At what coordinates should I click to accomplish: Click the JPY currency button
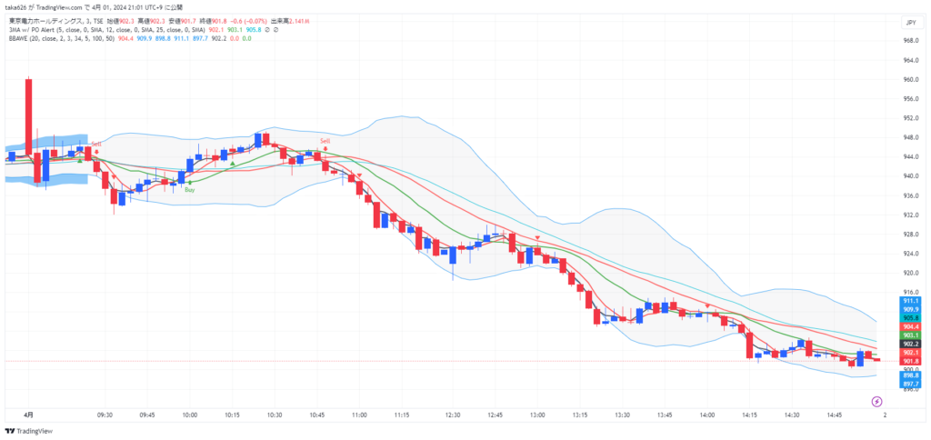[x=909, y=23]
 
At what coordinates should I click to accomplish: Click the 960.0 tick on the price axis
[x=909, y=79]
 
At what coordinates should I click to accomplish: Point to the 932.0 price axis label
[x=909, y=215]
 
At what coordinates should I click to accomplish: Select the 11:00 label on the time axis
[x=358, y=415]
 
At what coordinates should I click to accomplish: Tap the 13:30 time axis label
[x=622, y=415]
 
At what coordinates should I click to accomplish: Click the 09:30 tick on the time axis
[x=105, y=415]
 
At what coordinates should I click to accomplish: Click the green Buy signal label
[x=189, y=189]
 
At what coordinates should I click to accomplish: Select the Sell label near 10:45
[x=325, y=141]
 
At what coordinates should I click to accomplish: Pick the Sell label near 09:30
[x=95, y=143]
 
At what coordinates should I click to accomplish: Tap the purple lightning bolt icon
[x=876, y=401]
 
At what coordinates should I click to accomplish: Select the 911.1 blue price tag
[x=911, y=301]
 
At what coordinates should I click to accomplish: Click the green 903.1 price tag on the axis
[x=911, y=335]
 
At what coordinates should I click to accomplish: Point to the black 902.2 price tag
[x=911, y=345]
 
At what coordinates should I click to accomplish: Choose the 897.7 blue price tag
[x=911, y=384]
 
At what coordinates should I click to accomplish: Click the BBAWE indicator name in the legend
[x=20, y=38]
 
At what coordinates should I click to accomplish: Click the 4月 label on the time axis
[x=27, y=415]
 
